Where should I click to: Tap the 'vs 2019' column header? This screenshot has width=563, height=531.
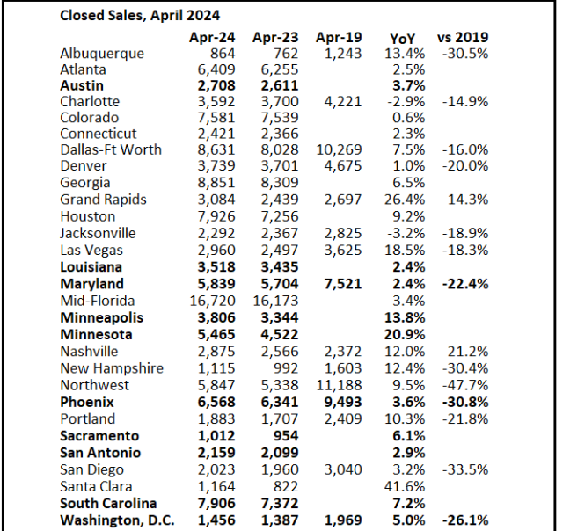(463, 38)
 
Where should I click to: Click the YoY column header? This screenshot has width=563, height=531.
(402, 38)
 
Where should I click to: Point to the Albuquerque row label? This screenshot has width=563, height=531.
(102, 54)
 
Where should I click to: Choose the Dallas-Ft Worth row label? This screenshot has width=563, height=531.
(111, 149)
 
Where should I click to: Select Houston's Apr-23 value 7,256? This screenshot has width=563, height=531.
(274, 215)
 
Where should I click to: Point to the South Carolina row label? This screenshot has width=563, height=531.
(108, 504)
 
